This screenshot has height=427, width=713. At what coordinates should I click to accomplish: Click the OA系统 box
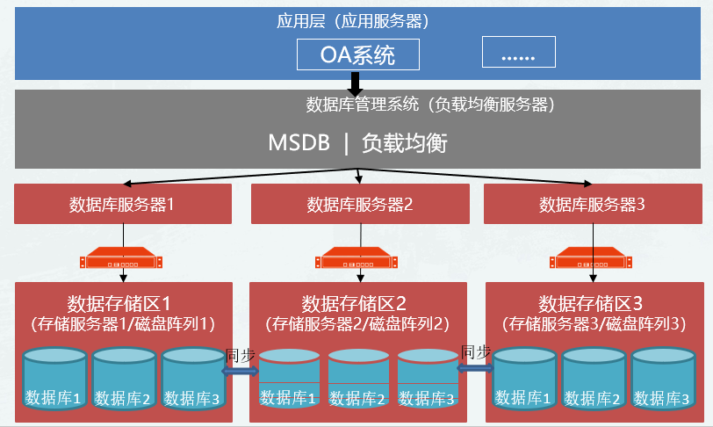tap(357, 54)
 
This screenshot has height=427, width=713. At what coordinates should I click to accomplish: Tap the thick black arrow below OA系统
tap(356, 83)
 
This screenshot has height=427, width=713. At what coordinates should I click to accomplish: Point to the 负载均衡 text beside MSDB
tap(404, 143)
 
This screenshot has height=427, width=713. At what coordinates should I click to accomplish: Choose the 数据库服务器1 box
tap(123, 205)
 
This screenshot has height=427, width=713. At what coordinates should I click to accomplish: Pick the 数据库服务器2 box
tap(359, 205)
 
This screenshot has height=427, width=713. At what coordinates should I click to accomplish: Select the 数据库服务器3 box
tap(592, 205)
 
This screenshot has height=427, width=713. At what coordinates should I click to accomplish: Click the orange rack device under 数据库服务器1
tap(123, 260)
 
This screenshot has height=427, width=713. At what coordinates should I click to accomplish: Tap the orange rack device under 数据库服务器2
tap(359, 260)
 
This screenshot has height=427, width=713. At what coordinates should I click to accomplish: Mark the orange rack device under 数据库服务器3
tap(592, 260)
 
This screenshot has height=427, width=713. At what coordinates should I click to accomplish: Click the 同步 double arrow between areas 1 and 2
tap(239, 371)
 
